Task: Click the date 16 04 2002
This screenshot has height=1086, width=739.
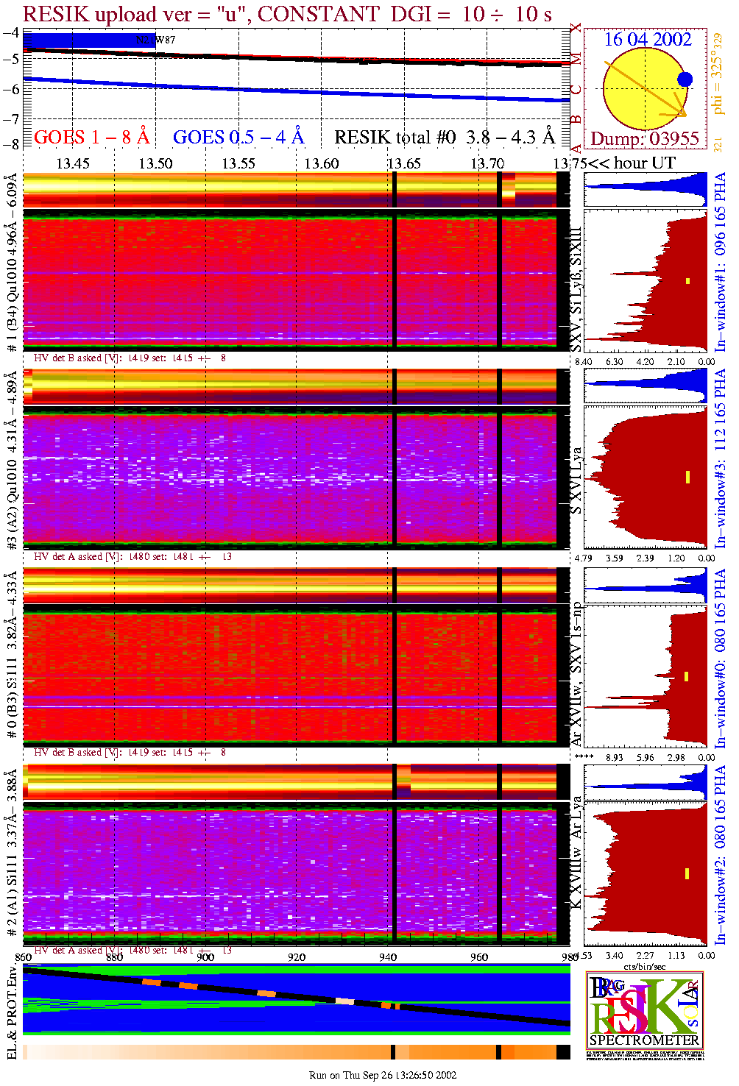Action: click(648, 39)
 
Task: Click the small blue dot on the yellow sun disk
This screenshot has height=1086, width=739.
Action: click(685, 79)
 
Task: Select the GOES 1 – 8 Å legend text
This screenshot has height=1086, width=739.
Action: click(91, 137)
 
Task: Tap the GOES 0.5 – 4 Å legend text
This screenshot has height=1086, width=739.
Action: click(238, 137)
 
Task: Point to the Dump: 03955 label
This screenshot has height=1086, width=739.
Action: click(644, 138)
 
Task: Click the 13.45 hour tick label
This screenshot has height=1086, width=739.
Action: click(73, 163)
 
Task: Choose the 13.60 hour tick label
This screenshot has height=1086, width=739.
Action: click(322, 163)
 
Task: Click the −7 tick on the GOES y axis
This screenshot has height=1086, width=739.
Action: click(11, 118)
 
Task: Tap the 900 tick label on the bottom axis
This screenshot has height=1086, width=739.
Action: click(205, 957)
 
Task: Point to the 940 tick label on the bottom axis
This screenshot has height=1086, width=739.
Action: click(388, 957)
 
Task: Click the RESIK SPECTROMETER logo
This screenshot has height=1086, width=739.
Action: click(644, 1009)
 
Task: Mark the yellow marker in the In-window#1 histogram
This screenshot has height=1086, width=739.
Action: click(687, 280)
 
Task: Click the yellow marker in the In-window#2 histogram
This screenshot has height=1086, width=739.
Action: click(687, 873)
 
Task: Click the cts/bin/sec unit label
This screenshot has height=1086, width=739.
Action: click(645, 966)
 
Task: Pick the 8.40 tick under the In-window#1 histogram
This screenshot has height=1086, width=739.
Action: click(583, 361)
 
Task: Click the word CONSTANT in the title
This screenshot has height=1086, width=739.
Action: click(319, 14)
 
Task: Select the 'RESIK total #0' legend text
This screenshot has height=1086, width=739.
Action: click(395, 137)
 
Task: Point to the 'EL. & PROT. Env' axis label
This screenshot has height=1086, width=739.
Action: click(12, 1012)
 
